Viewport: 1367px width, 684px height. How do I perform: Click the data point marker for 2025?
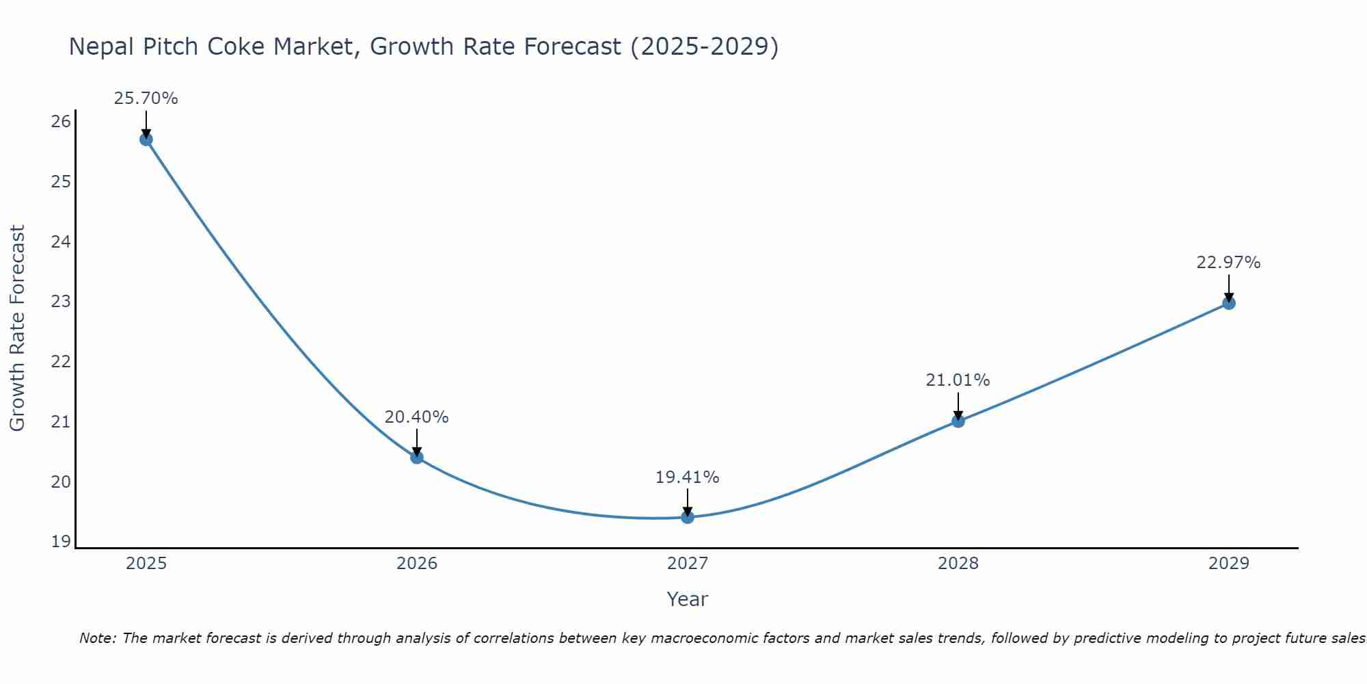146,140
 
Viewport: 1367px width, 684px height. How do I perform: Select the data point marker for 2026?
417,457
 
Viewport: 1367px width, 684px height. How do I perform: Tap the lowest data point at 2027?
688,517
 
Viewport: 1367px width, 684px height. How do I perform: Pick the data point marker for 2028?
958,421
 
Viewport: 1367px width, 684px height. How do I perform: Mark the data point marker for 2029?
1229,303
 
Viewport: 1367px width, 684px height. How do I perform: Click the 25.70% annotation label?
146,98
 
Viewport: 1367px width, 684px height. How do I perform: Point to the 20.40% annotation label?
416,417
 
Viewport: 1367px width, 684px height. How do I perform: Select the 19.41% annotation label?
687,477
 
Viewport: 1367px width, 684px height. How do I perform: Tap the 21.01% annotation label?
958,380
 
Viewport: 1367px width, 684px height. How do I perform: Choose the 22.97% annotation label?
1228,263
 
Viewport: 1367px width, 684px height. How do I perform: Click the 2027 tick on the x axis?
688,564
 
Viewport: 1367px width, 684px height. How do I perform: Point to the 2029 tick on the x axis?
1229,564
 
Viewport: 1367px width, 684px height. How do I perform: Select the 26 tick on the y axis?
61,122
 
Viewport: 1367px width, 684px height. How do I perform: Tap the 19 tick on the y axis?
61,542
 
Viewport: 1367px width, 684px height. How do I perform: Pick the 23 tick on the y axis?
61,302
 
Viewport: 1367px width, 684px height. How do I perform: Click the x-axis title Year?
687,599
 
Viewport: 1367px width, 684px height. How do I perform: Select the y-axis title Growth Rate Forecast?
17,328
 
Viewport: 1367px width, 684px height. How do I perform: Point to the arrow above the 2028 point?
958,405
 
